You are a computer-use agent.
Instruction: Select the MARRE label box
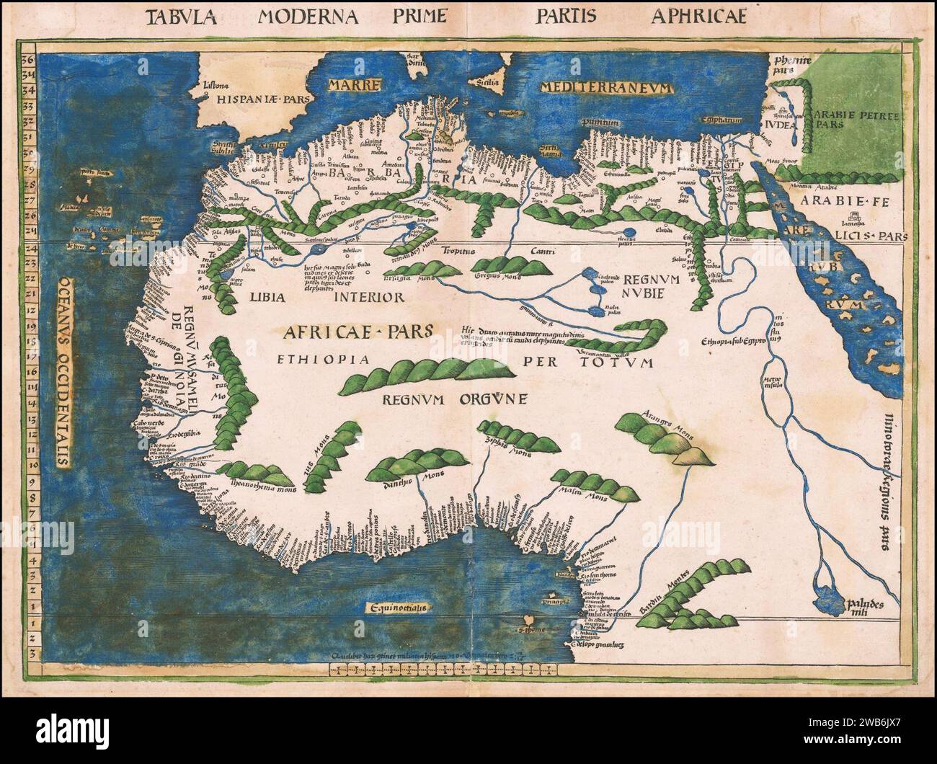click(353, 86)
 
